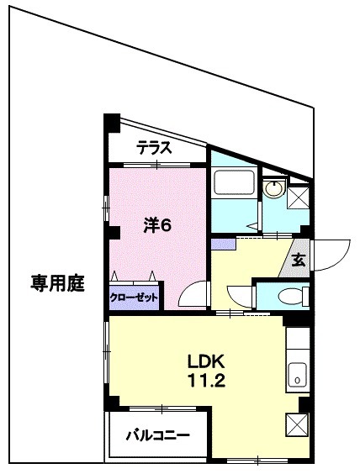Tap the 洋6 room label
coord(156,225)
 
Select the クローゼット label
coord(134,297)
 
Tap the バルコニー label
coord(157,435)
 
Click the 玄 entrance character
coord(299,260)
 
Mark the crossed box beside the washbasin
coord(299,196)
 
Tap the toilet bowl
coord(289,296)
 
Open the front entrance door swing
coord(331,255)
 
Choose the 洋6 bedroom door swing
coord(193,295)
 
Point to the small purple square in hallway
coord(223,244)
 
